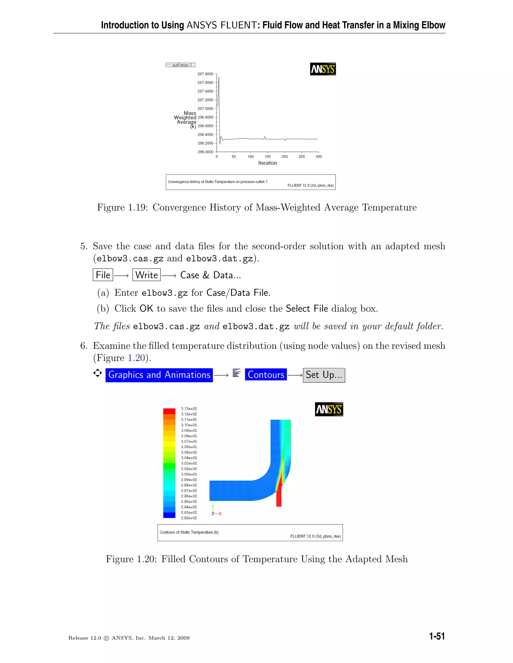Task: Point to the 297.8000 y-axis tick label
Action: point(205,74)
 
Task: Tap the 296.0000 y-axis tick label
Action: point(205,152)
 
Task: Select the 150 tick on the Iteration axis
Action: point(268,157)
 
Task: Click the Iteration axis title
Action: point(268,163)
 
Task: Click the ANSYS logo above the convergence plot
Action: point(323,69)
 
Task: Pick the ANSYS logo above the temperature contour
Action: point(329,409)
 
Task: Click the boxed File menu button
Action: point(103,275)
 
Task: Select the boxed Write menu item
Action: point(147,275)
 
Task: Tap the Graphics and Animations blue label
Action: point(159,375)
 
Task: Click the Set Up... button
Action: point(324,375)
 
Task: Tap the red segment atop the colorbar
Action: point(169,411)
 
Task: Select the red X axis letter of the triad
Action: point(220,514)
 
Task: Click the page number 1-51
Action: point(437,636)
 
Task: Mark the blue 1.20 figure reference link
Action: point(136,358)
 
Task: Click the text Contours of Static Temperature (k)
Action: point(189,532)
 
